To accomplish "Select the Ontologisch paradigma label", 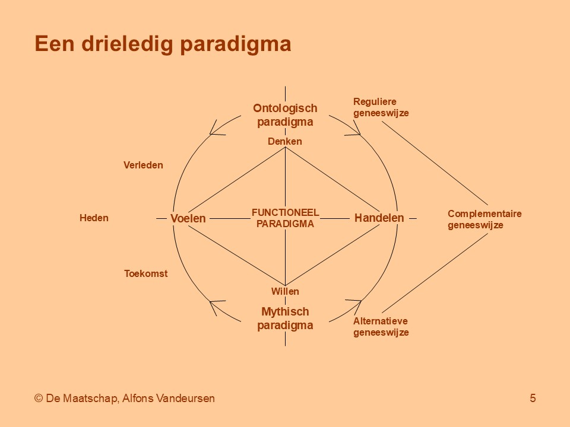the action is click(285, 114).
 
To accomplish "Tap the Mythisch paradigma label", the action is click(285, 318).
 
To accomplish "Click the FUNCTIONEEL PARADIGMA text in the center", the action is click(286, 218).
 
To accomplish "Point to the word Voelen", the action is click(188, 218).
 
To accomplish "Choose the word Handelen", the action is click(379, 218).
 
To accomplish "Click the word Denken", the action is click(284, 141).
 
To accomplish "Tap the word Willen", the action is click(285, 291).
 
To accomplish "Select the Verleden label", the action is click(143, 165).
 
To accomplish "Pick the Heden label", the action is click(94, 218).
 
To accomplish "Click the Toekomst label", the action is click(146, 273).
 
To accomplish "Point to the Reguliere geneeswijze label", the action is click(381, 107).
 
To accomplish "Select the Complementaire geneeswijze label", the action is click(484, 219).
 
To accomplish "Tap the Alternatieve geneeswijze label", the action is click(381, 326).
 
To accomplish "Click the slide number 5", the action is click(533, 399).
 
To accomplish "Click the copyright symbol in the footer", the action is click(39, 399).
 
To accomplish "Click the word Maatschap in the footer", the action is click(90, 399).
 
